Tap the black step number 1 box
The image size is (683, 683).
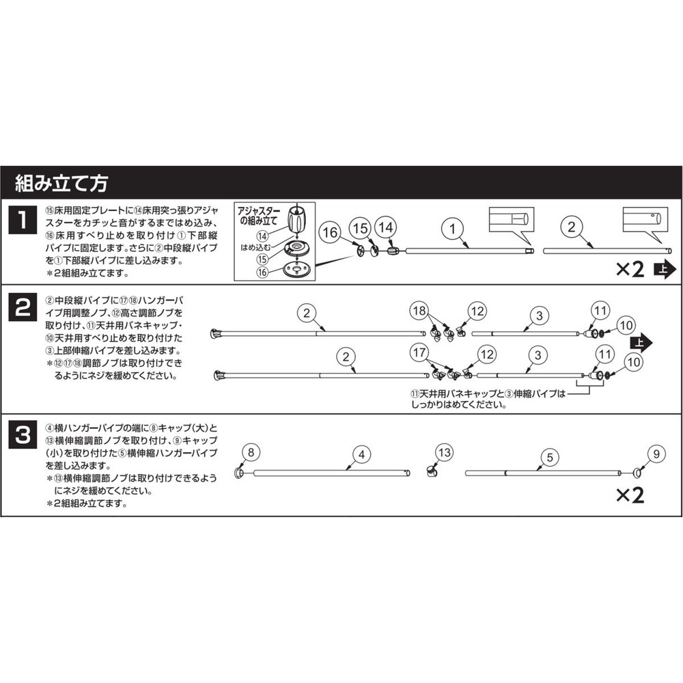[23, 221]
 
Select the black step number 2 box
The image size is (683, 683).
[23, 307]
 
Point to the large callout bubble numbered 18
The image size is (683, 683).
[421, 311]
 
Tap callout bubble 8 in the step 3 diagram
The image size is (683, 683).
[251, 451]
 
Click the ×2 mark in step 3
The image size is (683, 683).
[630, 495]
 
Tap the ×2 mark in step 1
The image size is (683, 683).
[630, 269]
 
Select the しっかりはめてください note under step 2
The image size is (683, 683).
[488, 400]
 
